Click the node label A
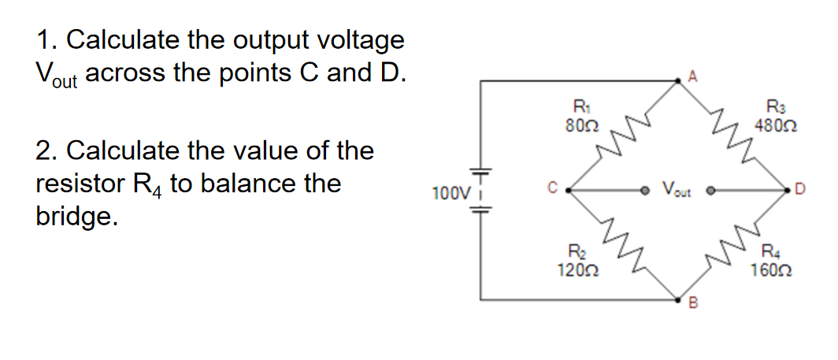tap(692, 76)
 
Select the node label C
tap(553, 188)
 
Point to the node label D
tap(801, 188)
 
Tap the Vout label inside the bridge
tap(677, 189)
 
